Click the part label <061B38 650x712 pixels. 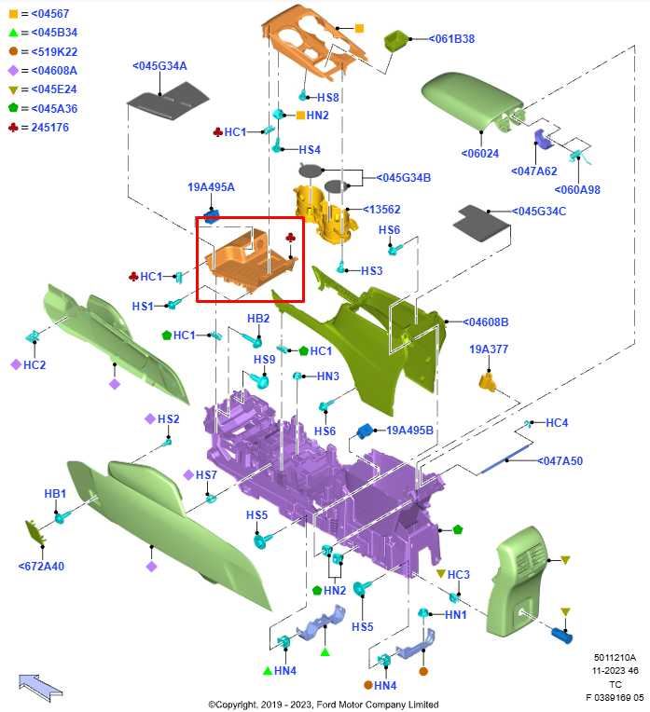(451, 39)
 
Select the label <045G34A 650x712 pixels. (159, 66)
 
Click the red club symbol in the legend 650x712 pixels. (13, 127)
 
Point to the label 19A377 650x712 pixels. (489, 349)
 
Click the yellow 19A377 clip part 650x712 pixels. (488, 381)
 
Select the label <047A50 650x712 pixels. (560, 461)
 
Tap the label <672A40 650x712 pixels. (41, 567)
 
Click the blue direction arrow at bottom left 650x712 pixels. (39, 686)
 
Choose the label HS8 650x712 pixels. (328, 97)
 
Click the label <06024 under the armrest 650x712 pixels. (480, 154)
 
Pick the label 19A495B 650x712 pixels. (409, 430)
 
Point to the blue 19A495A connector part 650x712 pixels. (211, 214)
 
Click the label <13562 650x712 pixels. (381, 210)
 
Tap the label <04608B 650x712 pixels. (486, 322)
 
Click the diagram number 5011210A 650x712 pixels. (615, 657)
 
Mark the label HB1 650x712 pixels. (55, 494)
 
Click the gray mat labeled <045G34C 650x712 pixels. (483, 222)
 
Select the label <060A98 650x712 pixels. (577, 190)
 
